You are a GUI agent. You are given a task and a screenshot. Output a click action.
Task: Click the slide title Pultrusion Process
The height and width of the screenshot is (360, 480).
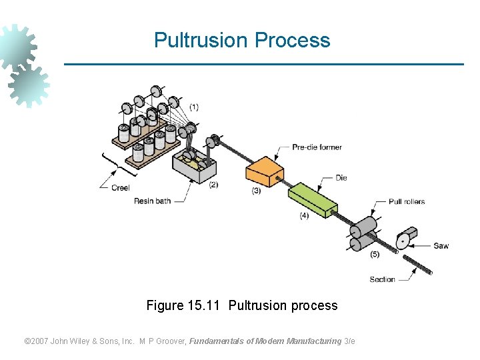click(x=242, y=40)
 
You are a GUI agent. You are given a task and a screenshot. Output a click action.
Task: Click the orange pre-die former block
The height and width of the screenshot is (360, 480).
click(x=265, y=173)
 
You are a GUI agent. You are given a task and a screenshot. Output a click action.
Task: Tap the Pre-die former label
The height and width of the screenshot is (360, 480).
click(x=317, y=147)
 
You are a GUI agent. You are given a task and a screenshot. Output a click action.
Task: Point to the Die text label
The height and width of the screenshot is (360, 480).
click(x=341, y=178)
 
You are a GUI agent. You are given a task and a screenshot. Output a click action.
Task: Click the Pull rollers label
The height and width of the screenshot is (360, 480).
click(x=407, y=201)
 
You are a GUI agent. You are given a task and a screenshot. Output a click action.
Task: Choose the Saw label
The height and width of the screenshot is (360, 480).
click(x=441, y=246)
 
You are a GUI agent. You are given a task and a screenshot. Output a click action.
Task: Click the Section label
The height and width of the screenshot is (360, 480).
click(x=382, y=279)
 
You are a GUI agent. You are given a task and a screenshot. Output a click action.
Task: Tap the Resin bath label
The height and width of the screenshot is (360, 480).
click(x=152, y=201)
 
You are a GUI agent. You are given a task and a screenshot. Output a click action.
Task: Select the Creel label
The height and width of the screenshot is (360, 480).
click(x=120, y=188)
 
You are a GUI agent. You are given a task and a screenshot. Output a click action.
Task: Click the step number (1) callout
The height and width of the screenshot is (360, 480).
click(x=193, y=107)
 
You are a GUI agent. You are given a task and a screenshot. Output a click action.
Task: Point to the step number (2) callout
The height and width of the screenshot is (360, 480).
click(x=213, y=185)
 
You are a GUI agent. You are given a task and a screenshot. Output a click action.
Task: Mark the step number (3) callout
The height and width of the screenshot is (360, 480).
click(x=256, y=191)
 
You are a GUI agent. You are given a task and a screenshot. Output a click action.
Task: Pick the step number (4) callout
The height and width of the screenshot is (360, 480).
click(x=304, y=215)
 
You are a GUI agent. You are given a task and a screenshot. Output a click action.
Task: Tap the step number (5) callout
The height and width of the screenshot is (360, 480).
click(x=375, y=254)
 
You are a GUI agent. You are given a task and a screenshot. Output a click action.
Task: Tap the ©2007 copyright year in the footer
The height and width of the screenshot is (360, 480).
click(x=37, y=341)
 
